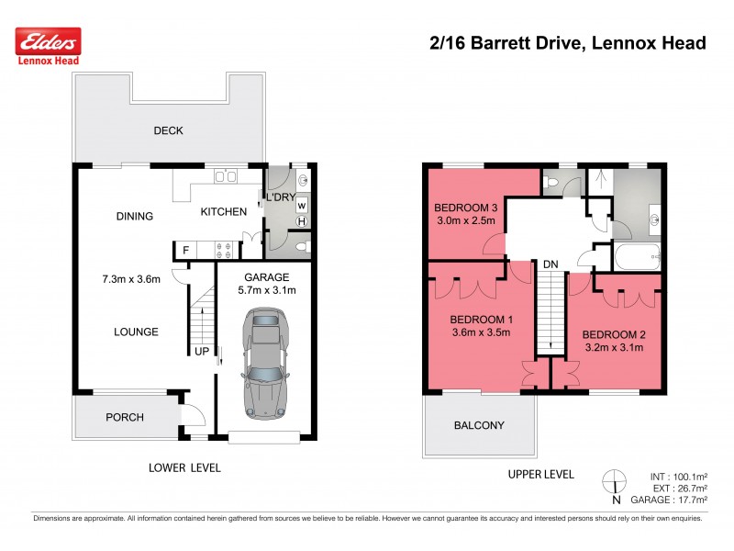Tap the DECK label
pos(168,130)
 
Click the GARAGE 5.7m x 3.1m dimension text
pos(267,290)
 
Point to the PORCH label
pos(125,417)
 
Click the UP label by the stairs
pos(201,352)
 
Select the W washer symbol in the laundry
pos(302,205)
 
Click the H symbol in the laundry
pos(302,221)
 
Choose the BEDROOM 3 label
pos(464,208)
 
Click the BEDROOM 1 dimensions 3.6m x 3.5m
pos(481,334)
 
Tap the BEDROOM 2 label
pos(615,333)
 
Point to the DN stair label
pos(550,264)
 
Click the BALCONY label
pos(479,425)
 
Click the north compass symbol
pos(616,484)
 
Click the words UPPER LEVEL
pos(540,474)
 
